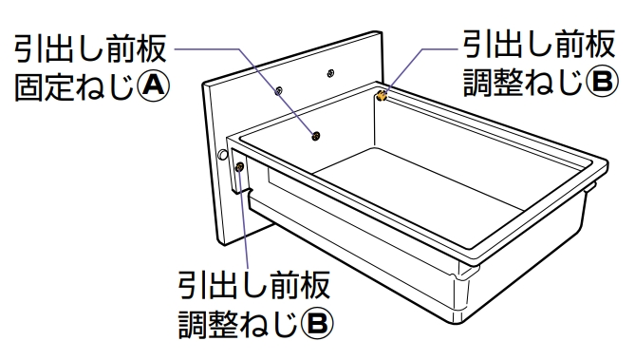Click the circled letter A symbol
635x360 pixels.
[x=152, y=85]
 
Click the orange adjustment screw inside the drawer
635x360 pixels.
[x=381, y=96]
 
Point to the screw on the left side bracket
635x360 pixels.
[x=240, y=166]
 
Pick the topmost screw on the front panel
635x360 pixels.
[x=330, y=73]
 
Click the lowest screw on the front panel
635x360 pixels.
[x=316, y=136]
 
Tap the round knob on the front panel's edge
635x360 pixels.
[x=222, y=155]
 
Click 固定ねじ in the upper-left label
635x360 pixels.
[x=75, y=86]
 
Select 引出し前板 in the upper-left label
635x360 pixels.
[x=90, y=48]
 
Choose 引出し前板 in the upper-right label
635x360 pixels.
[x=539, y=44]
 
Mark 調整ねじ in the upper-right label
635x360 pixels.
[x=524, y=82]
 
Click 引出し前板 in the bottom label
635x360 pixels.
[x=254, y=285]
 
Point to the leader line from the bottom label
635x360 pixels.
[x=244, y=218]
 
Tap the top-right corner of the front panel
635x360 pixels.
[x=382, y=32]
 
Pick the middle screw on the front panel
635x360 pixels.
[x=278, y=91]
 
